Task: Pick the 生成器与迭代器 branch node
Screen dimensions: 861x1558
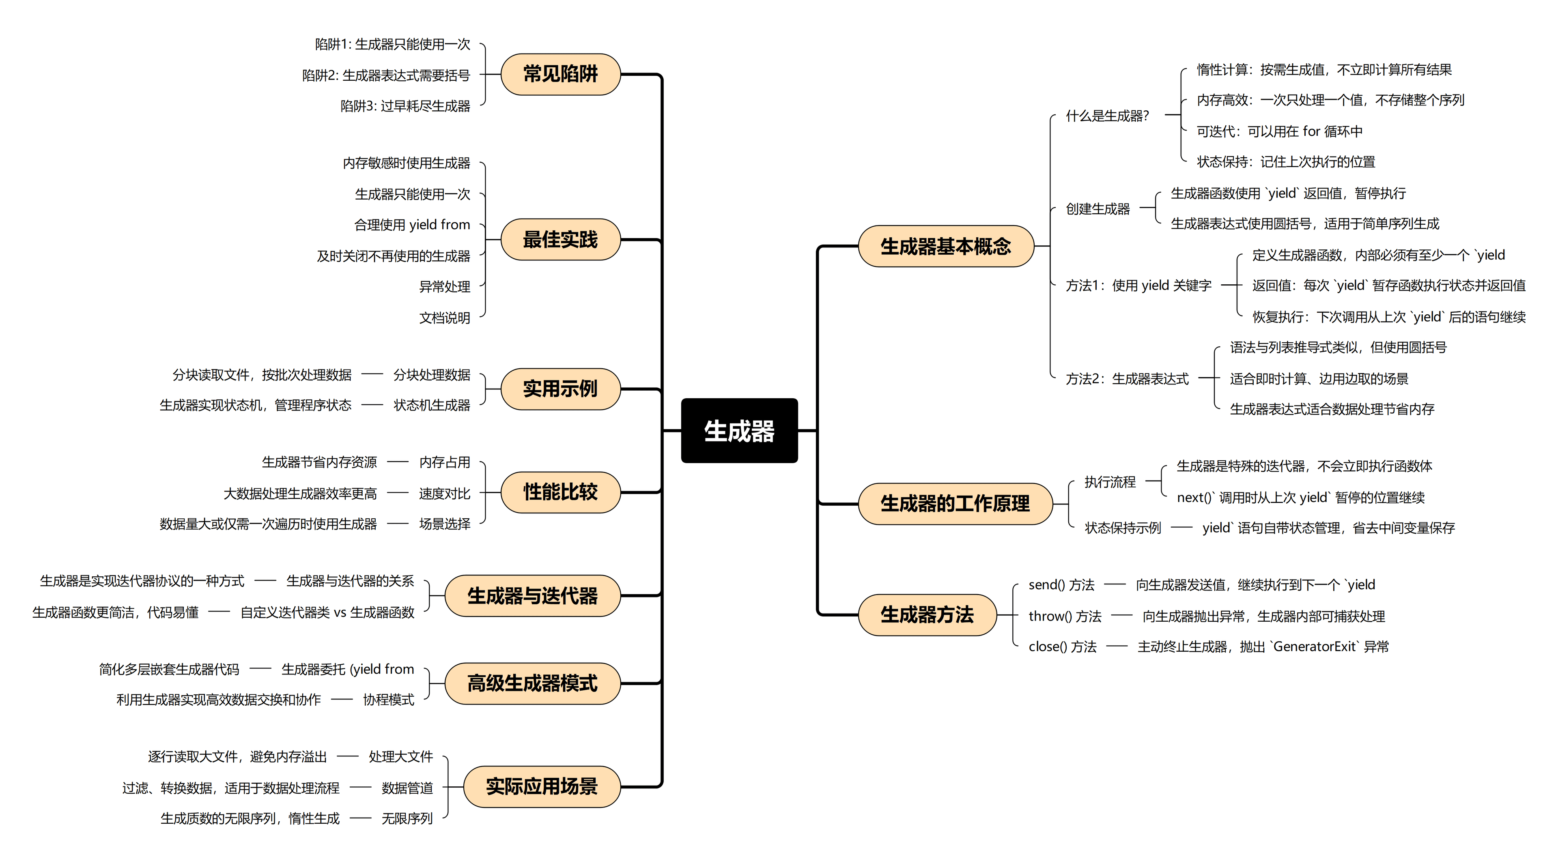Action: coord(532,596)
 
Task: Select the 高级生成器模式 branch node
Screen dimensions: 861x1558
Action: coord(532,683)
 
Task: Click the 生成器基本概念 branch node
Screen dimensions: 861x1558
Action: coord(945,246)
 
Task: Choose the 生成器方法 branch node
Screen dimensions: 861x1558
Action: coord(927,615)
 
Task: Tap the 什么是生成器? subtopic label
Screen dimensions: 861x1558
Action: coord(1107,116)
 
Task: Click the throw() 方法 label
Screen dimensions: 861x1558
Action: coord(1065,616)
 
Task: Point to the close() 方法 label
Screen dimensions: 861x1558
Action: coord(1062,646)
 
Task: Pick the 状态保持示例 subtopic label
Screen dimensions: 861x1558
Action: coord(1123,528)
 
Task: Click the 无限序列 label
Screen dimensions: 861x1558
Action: coord(407,818)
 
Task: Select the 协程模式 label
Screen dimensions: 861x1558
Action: coord(388,700)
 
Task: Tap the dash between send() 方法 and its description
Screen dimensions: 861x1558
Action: coord(1115,585)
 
